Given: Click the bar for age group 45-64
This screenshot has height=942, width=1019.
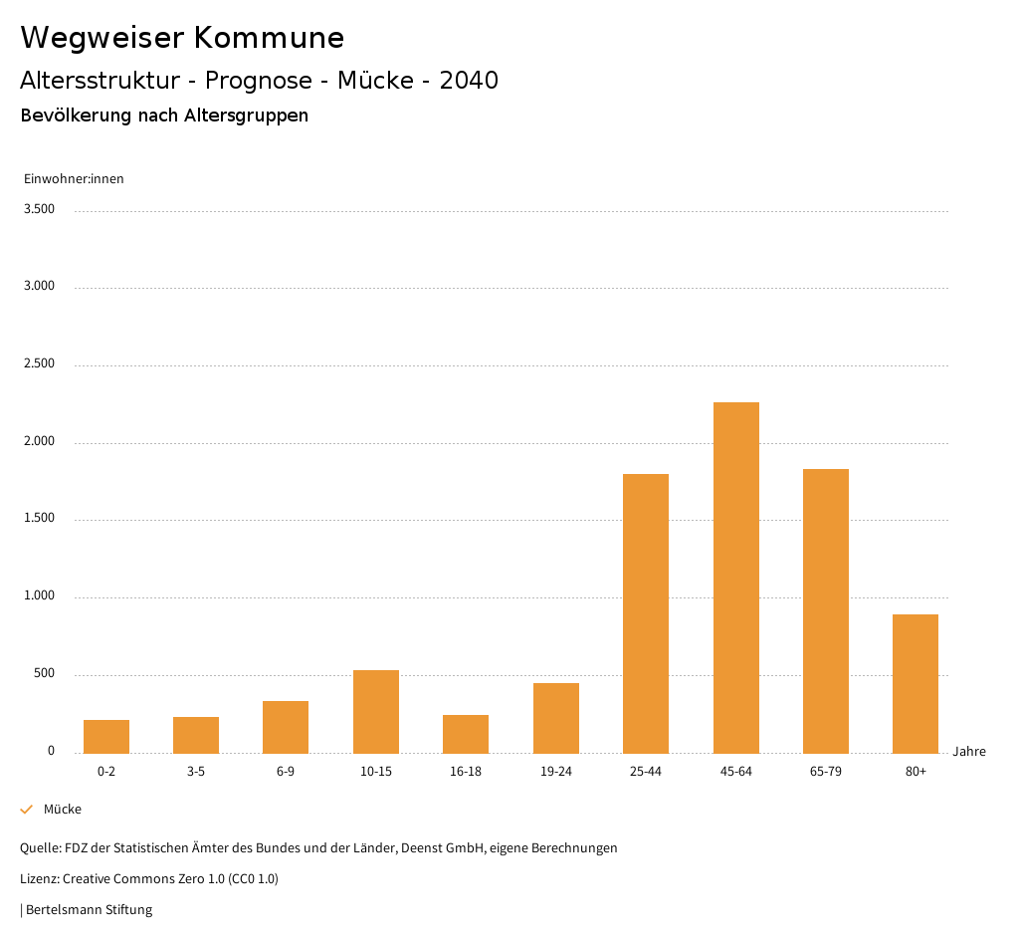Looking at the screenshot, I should (x=735, y=578).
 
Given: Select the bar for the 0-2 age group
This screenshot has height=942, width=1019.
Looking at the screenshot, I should (x=106, y=736).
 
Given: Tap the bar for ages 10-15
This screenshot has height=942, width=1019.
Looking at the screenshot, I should (x=376, y=711).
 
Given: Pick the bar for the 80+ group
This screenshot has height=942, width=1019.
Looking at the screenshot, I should (x=916, y=683).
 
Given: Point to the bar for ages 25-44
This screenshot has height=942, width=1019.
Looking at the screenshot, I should (x=646, y=613).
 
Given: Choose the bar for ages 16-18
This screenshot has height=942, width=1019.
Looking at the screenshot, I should (x=466, y=734).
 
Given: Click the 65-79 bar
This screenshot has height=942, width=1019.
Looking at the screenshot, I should (x=826, y=610).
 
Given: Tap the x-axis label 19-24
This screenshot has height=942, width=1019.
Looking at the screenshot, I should (x=555, y=772).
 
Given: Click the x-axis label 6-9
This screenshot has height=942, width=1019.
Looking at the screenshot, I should (x=286, y=772).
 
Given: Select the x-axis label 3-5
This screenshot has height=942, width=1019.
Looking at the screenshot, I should (x=196, y=772).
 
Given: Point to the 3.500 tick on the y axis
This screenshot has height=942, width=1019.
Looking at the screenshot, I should (x=39, y=209).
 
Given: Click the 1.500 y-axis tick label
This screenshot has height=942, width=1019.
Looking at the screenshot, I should (x=39, y=519).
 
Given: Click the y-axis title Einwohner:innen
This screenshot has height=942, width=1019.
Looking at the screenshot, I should (x=74, y=179).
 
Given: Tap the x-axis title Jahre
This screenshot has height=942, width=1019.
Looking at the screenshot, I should (x=968, y=752).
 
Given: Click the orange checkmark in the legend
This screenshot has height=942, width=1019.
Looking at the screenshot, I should (x=27, y=810).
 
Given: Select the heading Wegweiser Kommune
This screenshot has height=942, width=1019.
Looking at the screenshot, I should (x=182, y=38).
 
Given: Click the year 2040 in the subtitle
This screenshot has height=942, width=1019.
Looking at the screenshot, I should (x=469, y=81).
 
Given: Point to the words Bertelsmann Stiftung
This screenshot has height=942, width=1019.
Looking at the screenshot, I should (x=89, y=910).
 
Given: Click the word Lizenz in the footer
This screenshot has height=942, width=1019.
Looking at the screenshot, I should (x=39, y=879).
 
